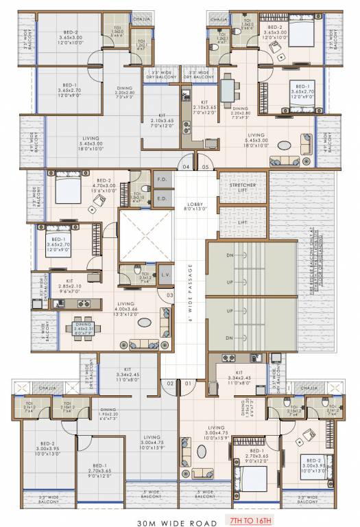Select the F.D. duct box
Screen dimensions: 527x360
point(163,180)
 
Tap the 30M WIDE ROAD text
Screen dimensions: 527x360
point(175,513)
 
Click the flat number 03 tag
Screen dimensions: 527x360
point(169,296)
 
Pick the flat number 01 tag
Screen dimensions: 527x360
point(187,383)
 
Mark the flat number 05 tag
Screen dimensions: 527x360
point(205,166)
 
